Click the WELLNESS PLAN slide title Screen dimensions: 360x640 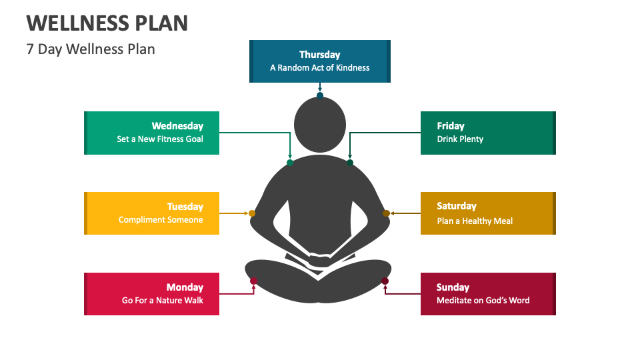tap(107, 23)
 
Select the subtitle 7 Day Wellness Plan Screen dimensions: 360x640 tap(91, 49)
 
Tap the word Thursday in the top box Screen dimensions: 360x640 tap(319, 55)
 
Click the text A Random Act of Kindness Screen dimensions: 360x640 tap(319, 67)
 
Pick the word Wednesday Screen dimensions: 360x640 tap(177, 125)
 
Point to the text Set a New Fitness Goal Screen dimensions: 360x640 tap(160, 139)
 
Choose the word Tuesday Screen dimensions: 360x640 tap(185, 206)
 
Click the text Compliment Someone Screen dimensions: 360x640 tap(161, 220)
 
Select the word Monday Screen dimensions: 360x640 tap(185, 287)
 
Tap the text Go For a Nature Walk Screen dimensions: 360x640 tap(163, 301)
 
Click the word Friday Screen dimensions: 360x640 tap(451, 125)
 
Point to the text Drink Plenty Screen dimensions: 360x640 tap(460, 139)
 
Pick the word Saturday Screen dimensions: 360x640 tap(457, 206)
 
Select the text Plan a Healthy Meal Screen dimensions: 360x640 tap(475, 221)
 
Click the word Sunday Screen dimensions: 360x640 tap(453, 287)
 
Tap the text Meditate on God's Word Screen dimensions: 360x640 tap(483, 301)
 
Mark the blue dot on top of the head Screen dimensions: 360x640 tap(320, 96)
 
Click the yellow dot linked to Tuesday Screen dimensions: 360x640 tap(252, 213)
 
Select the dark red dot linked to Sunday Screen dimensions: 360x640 tap(385, 281)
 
